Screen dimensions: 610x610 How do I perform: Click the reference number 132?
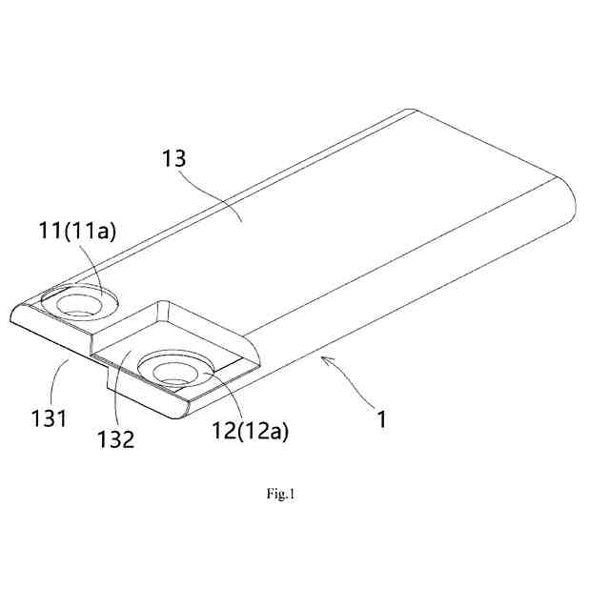coord(126,439)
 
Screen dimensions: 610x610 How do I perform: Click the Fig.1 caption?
coord(281,494)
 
